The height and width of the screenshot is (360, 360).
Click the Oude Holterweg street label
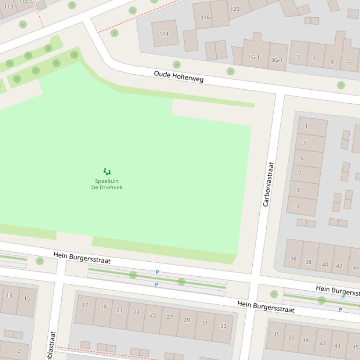click(x=178, y=77)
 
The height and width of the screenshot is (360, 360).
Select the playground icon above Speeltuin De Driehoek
click(x=107, y=172)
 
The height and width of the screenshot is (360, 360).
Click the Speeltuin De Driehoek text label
click(x=107, y=184)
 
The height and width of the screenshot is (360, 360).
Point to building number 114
click(x=164, y=34)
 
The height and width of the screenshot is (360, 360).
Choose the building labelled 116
click(x=205, y=18)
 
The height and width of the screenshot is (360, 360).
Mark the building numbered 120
click(x=235, y=9)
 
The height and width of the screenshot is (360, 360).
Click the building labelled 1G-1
click(x=254, y=57)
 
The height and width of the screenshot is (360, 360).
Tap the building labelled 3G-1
click(x=277, y=60)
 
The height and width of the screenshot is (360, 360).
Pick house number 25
click(x=153, y=315)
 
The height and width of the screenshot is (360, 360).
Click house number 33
click(x=223, y=326)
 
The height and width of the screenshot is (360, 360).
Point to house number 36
click(x=293, y=259)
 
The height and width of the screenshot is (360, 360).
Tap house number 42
click(x=339, y=266)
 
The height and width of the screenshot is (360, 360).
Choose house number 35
click(x=276, y=334)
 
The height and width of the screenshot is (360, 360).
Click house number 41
click(x=322, y=343)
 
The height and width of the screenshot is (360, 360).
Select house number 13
click(x=9, y=295)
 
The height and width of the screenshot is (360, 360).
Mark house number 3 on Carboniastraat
click(x=304, y=143)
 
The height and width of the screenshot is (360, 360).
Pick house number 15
click(x=27, y=298)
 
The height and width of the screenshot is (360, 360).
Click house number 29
click(x=187, y=320)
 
